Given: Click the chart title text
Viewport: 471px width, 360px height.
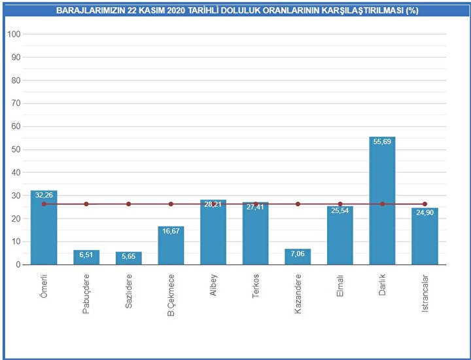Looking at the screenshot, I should point(237,11).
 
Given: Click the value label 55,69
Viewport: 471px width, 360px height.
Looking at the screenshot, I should point(383,142).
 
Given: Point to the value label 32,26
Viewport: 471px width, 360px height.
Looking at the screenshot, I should point(44,195).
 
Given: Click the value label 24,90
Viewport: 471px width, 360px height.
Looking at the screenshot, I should point(425,212).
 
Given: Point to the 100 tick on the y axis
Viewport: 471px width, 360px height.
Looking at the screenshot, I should point(14,34).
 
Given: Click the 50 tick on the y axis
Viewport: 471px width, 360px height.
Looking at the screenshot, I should point(16,149).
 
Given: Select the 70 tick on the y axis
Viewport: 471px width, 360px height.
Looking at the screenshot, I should point(16,103).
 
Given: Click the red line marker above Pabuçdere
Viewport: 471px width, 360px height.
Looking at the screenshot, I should point(86,204).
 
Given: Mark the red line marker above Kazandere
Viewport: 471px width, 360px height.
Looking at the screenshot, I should point(298,204).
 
